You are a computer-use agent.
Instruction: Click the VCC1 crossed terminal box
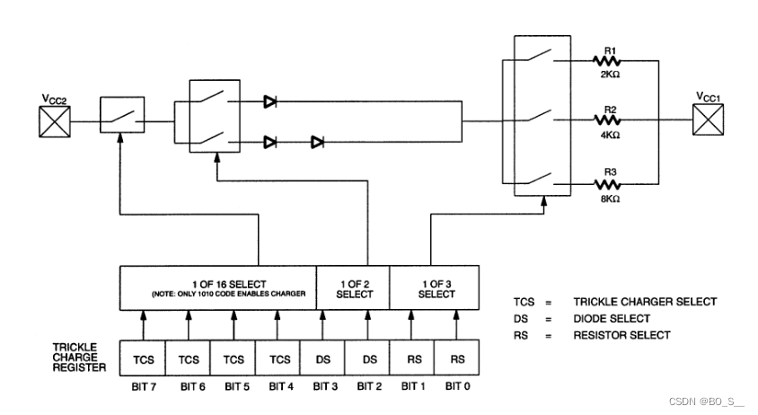[x=707, y=120]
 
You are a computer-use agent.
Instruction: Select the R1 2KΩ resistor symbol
[x=612, y=62]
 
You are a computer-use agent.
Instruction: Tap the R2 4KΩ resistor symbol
[x=612, y=120]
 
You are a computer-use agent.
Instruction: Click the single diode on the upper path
[x=270, y=102]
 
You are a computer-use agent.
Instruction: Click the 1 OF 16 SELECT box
[x=218, y=287]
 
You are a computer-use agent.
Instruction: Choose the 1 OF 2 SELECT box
[x=354, y=287]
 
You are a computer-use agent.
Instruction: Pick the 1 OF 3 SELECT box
[x=436, y=287]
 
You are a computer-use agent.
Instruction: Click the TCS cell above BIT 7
[x=144, y=358]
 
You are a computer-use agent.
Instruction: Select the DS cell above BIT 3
[x=323, y=358]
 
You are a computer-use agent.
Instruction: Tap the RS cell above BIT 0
[x=457, y=358]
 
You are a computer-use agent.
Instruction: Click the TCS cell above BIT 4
[x=278, y=358]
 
